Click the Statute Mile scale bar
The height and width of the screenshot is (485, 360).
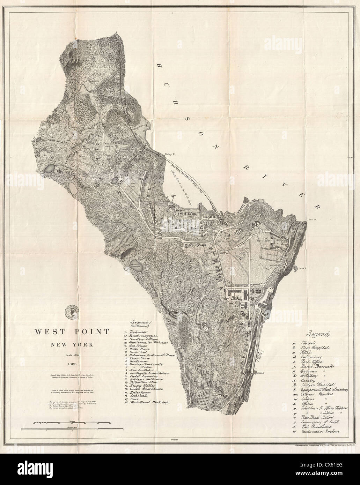72,428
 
